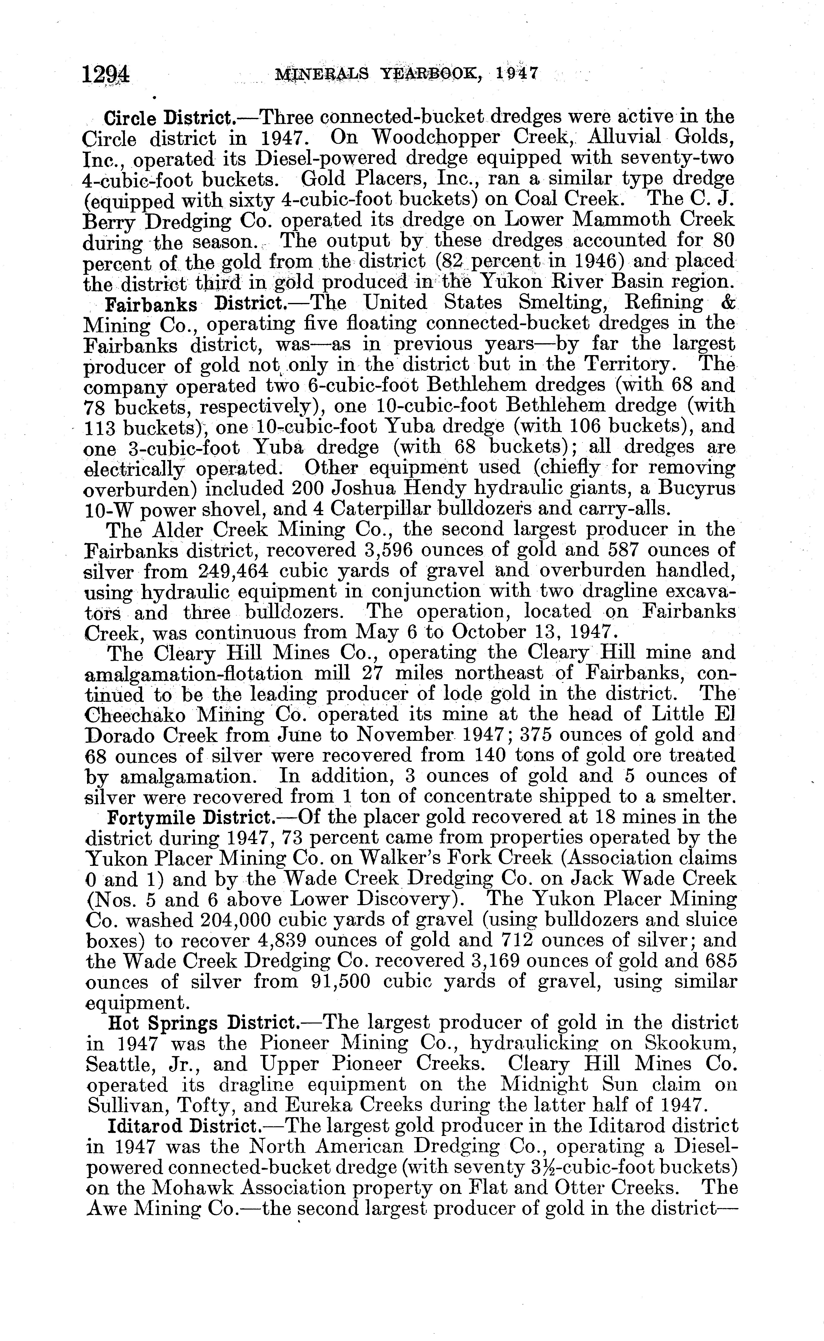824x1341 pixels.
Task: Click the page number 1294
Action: pyautogui.click(x=106, y=74)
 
